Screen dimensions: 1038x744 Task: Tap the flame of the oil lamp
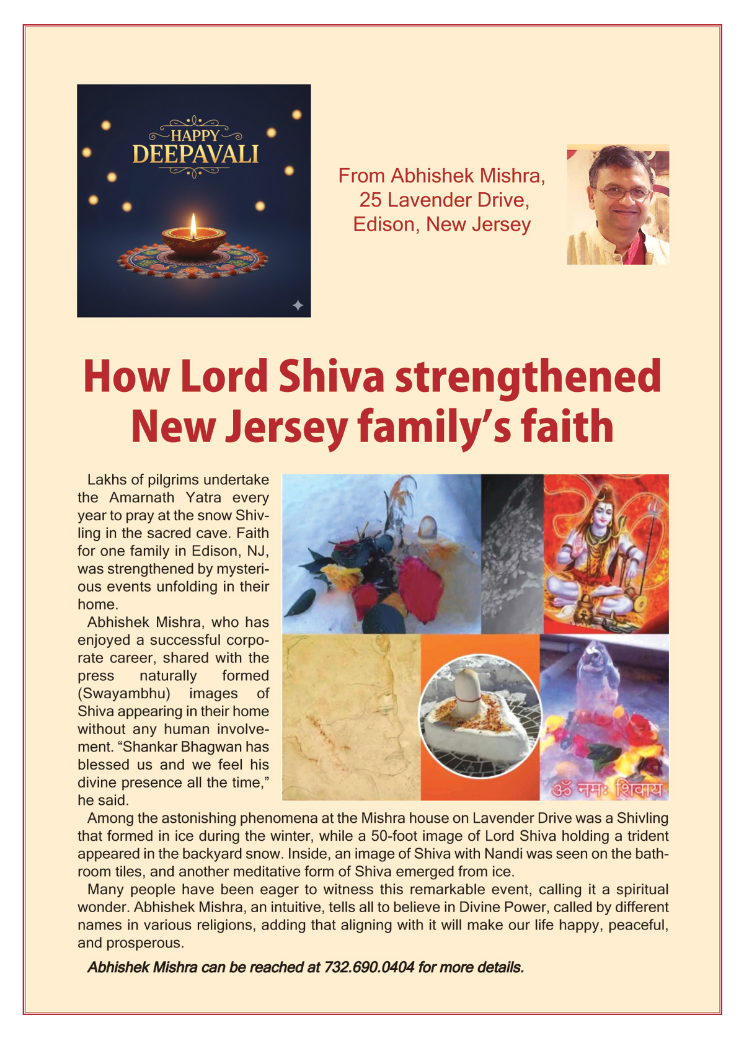193,226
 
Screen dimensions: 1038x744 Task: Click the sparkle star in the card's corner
298,304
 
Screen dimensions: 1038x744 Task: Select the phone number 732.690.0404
369,967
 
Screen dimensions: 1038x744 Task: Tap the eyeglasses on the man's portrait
622,193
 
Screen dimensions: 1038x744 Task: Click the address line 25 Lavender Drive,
444,200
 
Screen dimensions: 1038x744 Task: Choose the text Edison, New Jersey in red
441,224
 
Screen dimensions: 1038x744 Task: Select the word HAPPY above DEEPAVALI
195,136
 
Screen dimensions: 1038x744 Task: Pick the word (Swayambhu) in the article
124,693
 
